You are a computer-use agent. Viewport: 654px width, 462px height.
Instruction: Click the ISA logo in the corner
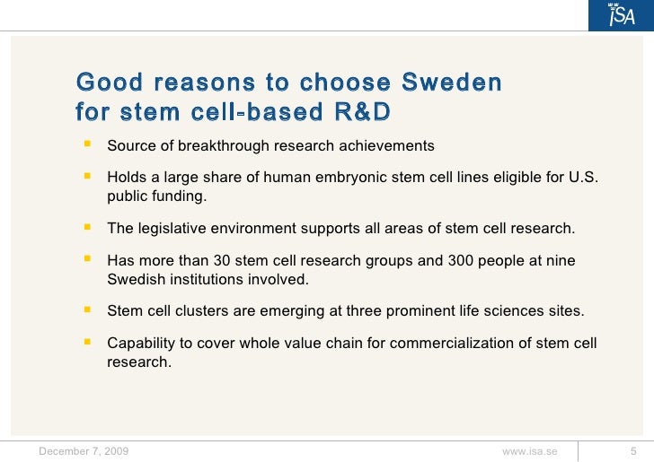point(622,15)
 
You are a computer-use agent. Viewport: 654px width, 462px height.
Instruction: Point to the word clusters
point(203,311)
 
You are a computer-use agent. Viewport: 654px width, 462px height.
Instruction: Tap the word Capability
point(143,344)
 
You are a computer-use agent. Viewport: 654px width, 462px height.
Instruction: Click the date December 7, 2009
point(84,451)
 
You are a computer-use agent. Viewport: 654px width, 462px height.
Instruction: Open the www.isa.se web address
point(529,451)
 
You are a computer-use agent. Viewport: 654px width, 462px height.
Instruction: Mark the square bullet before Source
point(88,144)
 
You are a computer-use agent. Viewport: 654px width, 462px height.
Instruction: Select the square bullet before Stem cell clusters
point(88,309)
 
